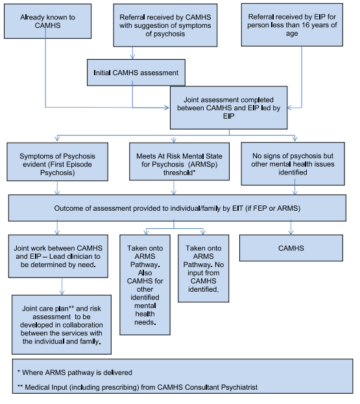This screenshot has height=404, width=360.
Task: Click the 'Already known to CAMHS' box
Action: [47, 21]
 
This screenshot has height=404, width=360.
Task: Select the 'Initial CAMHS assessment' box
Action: [136, 73]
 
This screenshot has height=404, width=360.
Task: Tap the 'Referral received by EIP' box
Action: [292, 25]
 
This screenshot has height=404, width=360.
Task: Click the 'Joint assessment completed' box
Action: [228, 108]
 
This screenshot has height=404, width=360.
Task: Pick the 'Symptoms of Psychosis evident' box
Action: [57, 162]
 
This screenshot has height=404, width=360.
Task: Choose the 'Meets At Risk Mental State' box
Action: [180, 161]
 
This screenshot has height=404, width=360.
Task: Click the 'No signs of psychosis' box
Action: [293, 163]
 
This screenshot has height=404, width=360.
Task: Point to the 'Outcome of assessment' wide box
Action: [177, 208]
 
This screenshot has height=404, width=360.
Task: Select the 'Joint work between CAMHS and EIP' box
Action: [58, 256]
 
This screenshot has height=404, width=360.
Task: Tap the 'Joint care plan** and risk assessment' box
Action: [62, 325]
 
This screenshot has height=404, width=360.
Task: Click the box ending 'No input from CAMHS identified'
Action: [203, 268]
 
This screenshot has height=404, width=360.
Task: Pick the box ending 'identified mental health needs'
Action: [145, 285]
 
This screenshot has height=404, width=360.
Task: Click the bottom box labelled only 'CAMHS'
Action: [291, 248]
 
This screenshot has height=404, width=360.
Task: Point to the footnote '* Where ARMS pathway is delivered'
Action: [75, 373]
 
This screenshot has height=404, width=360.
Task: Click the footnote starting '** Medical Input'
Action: [138, 387]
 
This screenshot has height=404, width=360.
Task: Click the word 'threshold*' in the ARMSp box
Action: [180, 172]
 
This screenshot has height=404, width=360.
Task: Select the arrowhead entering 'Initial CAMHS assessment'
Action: [132, 57]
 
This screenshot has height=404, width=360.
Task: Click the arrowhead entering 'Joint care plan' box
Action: [62, 292]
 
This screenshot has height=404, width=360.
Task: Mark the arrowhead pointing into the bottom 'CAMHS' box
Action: [291, 232]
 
